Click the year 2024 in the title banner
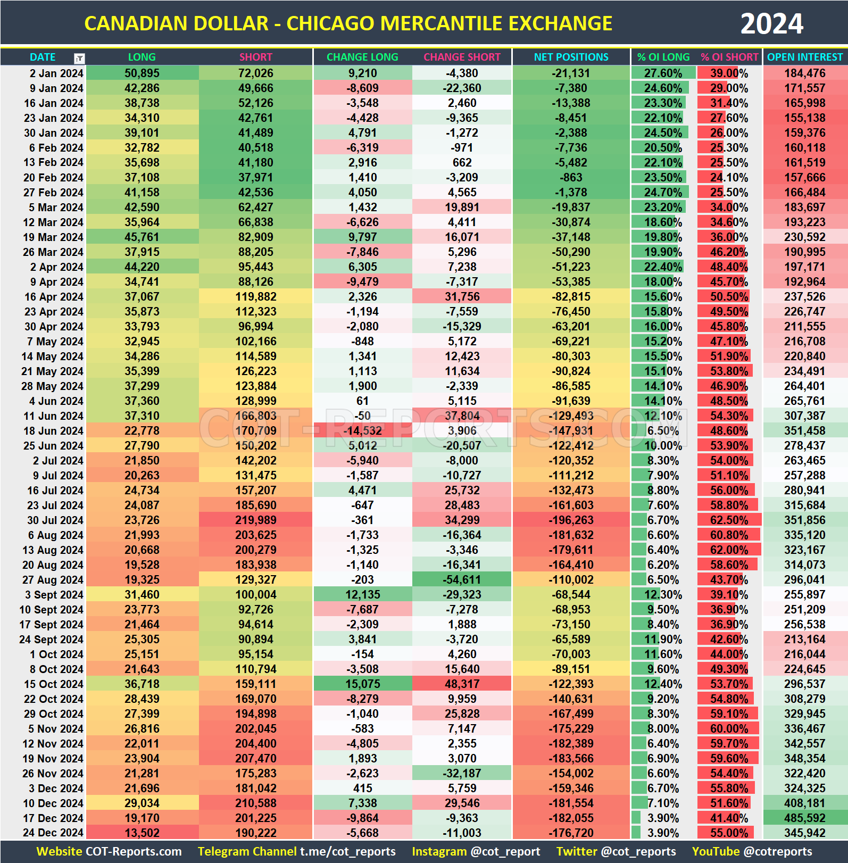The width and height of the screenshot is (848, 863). click(771, 24)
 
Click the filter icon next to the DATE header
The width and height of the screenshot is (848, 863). click(79, 58)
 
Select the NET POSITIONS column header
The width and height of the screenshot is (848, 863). click(571, 57)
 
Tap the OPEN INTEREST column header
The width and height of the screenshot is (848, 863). click(804, 57)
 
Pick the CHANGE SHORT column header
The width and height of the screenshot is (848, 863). click(462, 57)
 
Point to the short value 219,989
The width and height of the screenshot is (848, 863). click(256, 520)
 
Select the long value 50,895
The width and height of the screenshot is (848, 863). click(142, 73)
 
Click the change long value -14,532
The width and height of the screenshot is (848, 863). click(362, 430)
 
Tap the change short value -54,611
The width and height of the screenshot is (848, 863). click(462, 579)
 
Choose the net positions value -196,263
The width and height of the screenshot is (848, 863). click(571, 520)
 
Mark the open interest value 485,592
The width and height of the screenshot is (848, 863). click(804, 818)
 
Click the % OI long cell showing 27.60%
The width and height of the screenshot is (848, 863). click(663, 73)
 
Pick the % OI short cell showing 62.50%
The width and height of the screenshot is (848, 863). click(729, 520)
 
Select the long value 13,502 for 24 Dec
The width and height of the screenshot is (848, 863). click(142, 833)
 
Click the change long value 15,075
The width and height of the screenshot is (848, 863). click(362, 684)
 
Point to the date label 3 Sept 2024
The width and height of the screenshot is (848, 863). click(54, 594)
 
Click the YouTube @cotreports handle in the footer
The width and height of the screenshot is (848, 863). click(752, 851)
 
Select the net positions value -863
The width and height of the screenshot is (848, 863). click(571, 177)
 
